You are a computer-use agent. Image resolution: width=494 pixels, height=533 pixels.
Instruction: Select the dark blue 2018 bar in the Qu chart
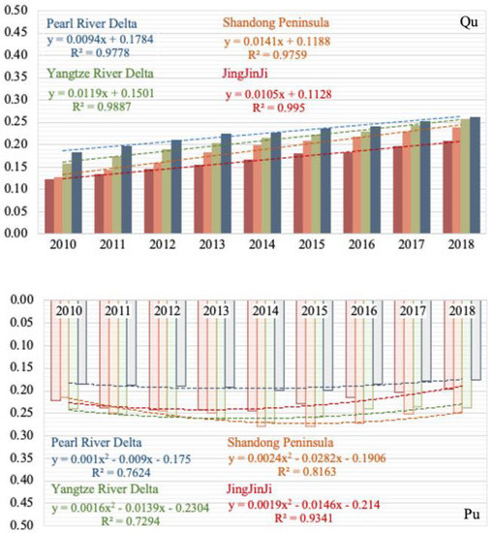(x=475, y=175)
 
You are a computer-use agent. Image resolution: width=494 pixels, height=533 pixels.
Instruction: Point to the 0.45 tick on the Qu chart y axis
(x=16, y=32)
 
